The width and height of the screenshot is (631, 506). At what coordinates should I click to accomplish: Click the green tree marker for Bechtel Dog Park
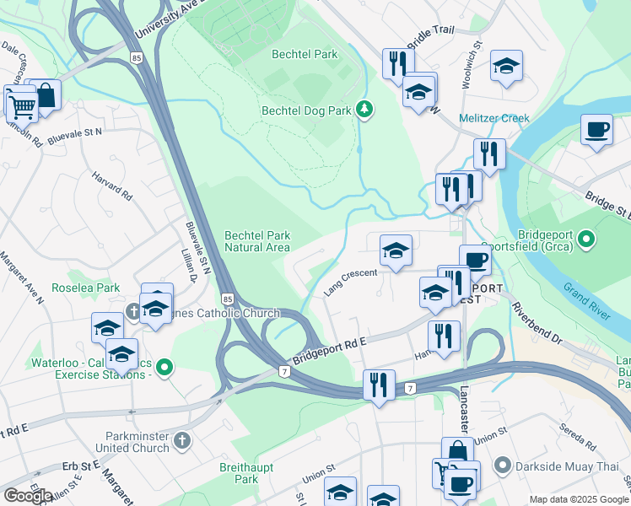364,109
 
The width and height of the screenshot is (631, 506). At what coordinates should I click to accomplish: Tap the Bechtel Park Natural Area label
257,241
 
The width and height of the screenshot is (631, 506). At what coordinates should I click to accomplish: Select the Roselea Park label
95,288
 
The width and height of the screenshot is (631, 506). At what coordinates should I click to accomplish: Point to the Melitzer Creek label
493,118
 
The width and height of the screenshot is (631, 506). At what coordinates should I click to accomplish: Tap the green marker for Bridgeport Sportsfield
587,241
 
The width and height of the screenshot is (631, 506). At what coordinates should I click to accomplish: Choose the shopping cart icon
21,106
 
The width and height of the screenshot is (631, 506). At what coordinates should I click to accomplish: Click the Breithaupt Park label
245,472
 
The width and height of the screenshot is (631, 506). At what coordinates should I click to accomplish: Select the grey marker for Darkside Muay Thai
504,465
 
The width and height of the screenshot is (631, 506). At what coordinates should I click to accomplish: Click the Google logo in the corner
28,495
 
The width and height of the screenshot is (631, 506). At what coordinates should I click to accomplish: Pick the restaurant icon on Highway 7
378,385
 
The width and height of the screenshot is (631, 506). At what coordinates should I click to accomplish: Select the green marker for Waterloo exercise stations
165,367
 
